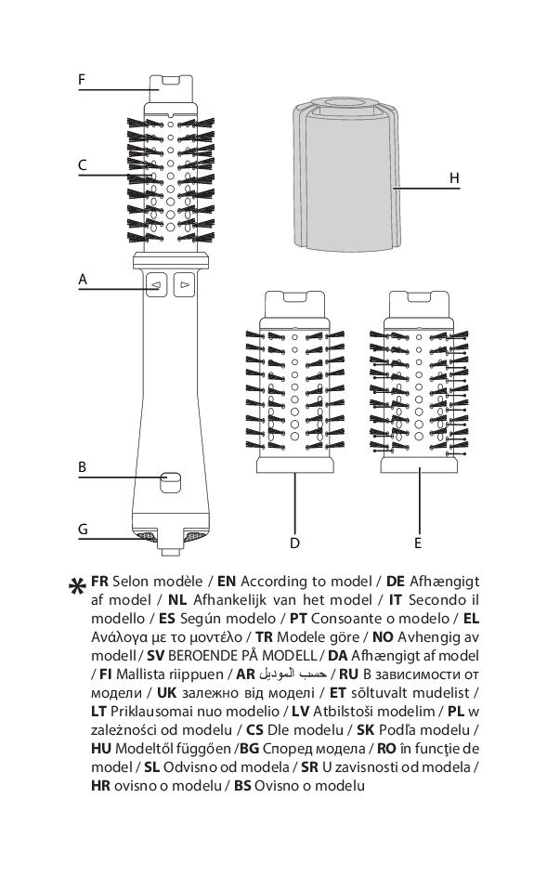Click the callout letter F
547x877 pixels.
point(82,80)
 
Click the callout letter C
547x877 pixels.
point(83,165)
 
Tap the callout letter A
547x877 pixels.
point(83,279)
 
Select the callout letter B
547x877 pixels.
point(83,467)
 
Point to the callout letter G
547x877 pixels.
point(83,530)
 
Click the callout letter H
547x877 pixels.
point(454,177)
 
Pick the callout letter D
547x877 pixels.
point(294,543)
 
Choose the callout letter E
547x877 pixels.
point(418,543)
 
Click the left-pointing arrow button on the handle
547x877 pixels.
point(157,284)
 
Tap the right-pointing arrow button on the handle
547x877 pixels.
point(184,284)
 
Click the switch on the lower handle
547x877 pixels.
point(170,482)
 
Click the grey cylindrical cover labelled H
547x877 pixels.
point(346,174)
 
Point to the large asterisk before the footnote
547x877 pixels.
point(77,587)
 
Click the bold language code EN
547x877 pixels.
point(227,582)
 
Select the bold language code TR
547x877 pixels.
point(264,637)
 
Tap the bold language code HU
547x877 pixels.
point(100,749)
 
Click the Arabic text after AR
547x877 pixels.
point(293,674)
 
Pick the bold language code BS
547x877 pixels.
point(242,785)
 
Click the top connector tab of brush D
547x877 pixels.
point(294,305)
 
